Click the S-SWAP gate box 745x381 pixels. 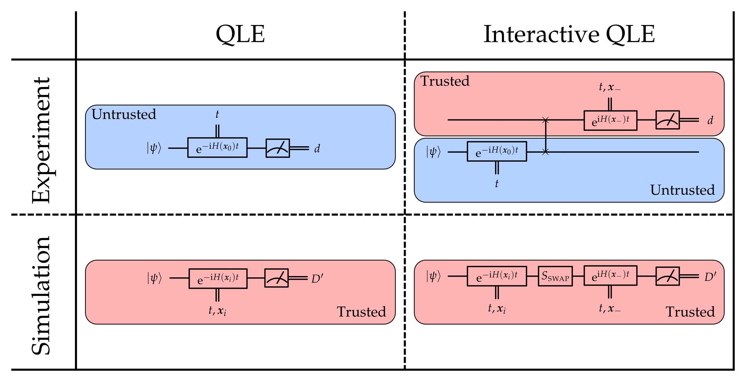555,276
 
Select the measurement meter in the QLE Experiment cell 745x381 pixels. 278,148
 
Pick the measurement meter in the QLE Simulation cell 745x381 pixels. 276,278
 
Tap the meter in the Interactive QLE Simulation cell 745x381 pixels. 667,276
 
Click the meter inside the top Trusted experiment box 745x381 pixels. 667,120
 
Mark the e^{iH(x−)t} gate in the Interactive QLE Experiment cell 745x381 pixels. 610,120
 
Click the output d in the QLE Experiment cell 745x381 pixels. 317,149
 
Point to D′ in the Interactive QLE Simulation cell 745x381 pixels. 710,277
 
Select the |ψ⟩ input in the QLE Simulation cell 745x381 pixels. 154,278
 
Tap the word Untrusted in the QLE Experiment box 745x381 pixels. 124,114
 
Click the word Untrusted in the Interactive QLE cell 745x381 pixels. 682,190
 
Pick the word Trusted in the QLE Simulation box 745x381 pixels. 361,312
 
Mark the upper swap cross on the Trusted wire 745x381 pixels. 545,120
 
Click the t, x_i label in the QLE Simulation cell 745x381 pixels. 217,310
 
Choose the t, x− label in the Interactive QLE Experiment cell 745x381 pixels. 609,87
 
